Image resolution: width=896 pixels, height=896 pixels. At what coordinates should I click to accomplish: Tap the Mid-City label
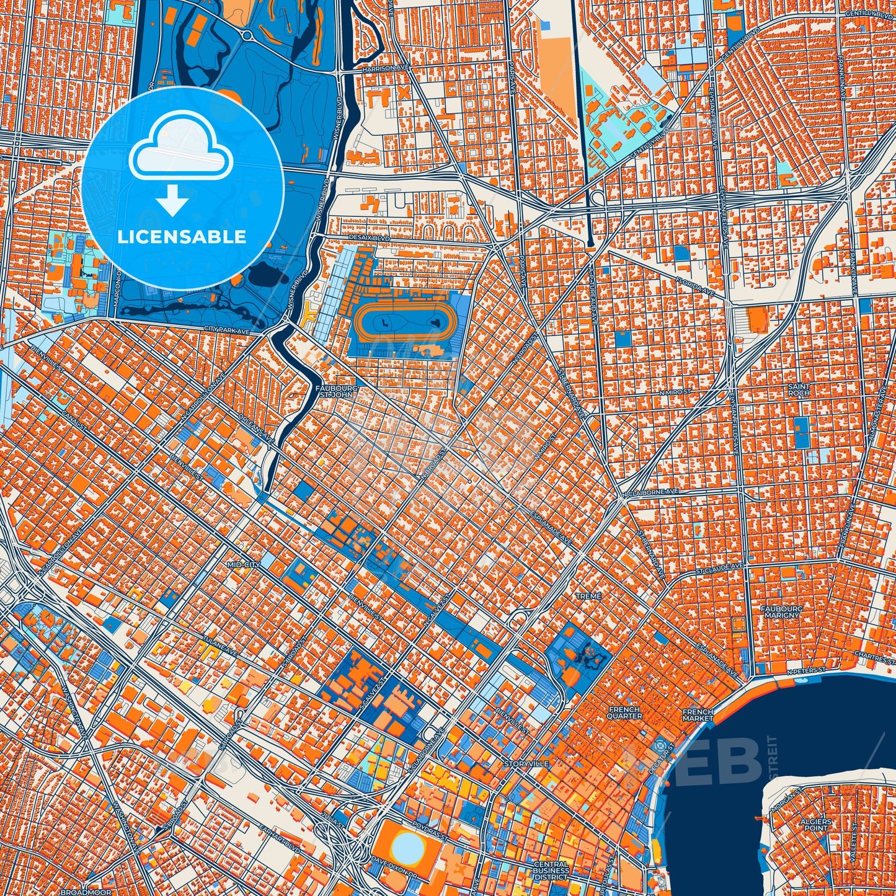pyautogui.click(x=242, y=566)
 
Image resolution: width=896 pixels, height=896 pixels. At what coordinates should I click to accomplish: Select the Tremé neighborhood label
pyautogui.click(x=588, y=596)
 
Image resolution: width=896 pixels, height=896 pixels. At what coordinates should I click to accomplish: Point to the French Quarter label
pyautogui.click(x=624, y=712)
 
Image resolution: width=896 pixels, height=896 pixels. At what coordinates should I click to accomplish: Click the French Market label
pyautogui.click(x=698, y=715)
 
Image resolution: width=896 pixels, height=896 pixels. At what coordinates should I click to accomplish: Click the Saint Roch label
pyautogui.click(x=799, y=389)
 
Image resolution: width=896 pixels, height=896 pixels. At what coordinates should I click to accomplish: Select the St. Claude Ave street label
pyautogui.click(x=719, y=567)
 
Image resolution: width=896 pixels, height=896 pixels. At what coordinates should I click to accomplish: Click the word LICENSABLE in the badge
pyautogui.click(x=182, y=237)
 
